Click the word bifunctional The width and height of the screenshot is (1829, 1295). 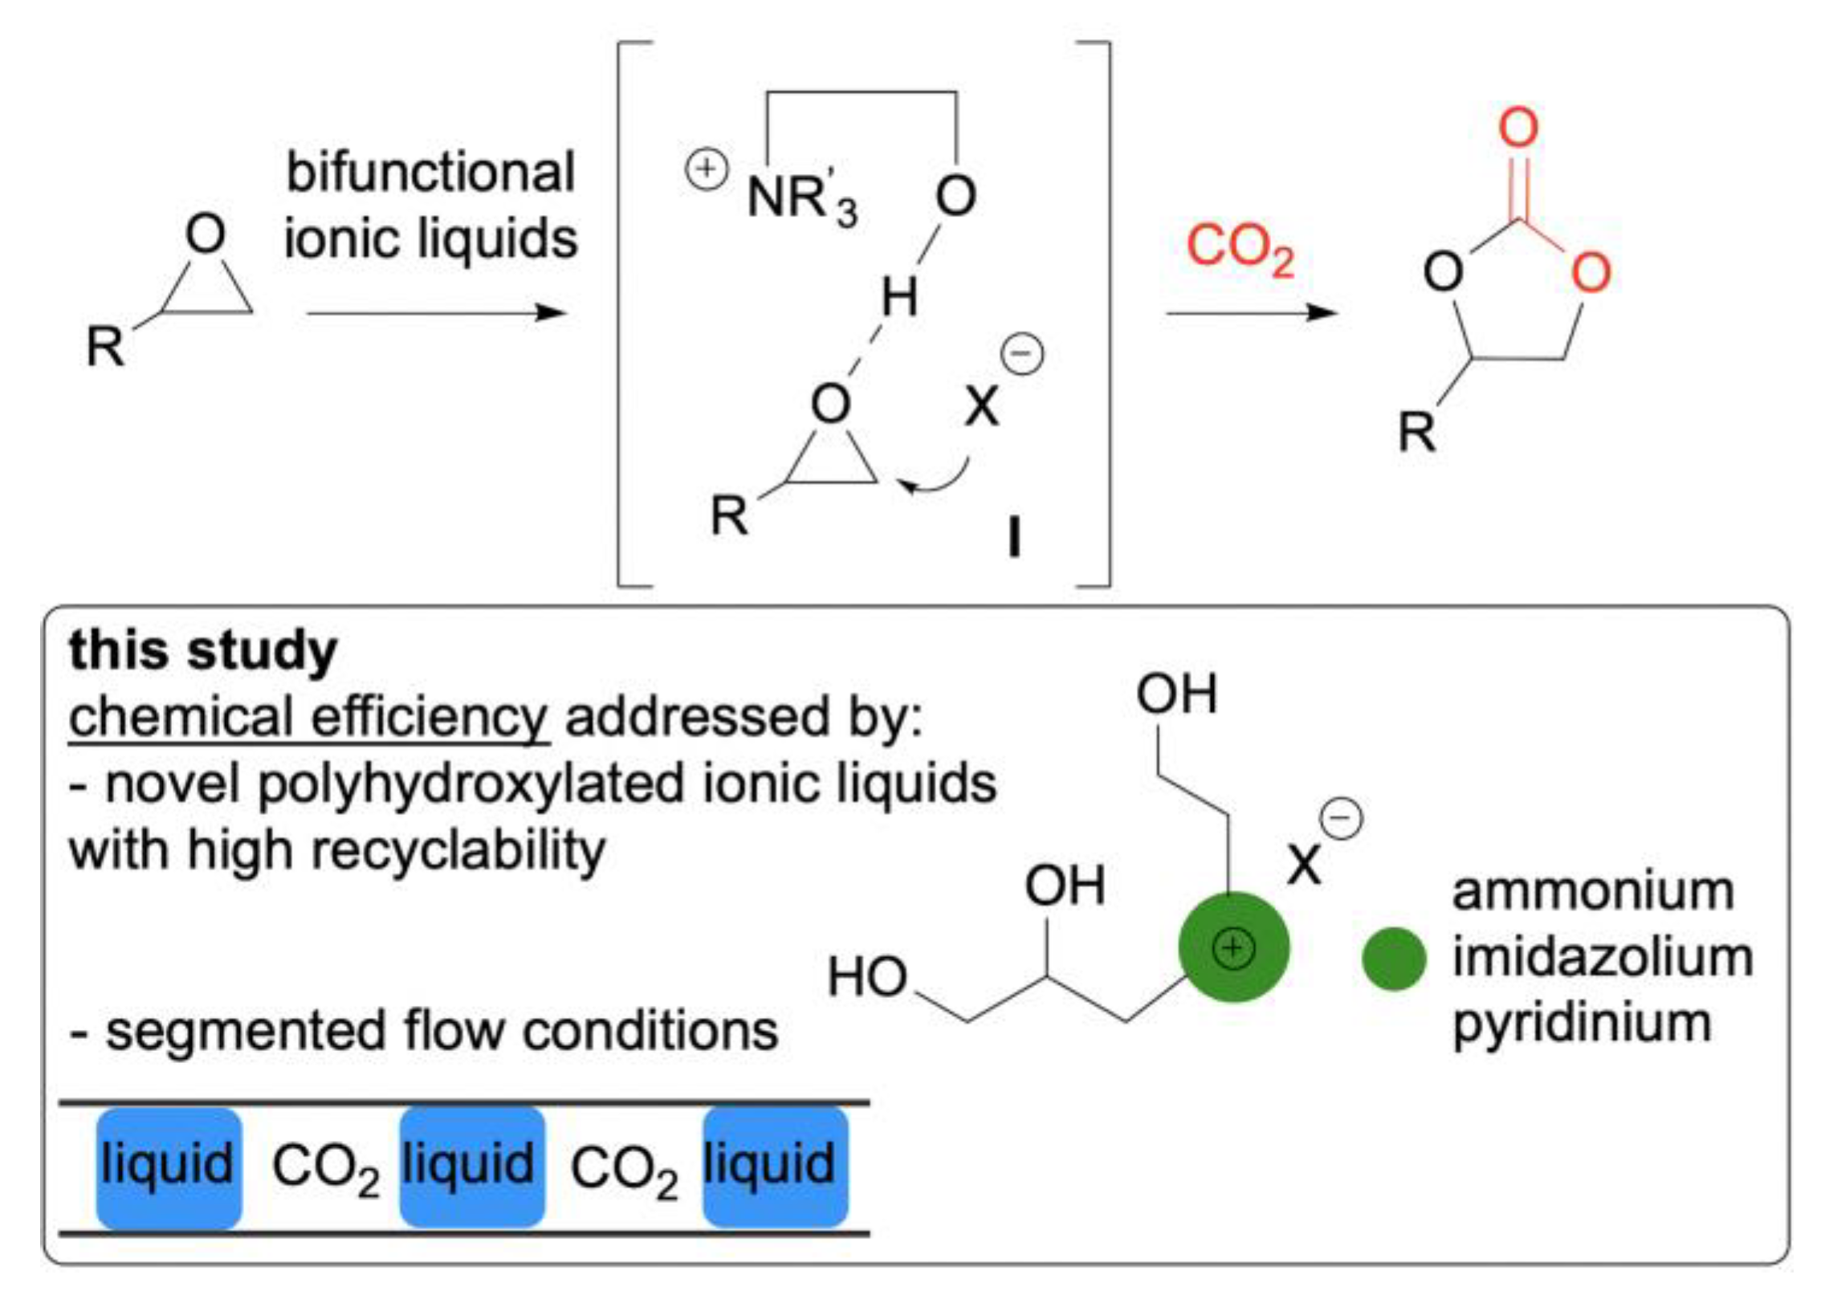pyautogui.click(x=430, y=172)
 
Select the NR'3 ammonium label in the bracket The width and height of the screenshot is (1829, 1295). pyautogui.click(x=800, y=198)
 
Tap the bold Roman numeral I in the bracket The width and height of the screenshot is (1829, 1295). pyautogui.click(x=1014, y=537)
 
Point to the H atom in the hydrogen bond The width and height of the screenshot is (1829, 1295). pyautogui.click(x=898, y=298)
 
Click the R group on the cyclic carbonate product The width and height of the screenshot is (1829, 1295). pyautogui.click(x=1416, y=432)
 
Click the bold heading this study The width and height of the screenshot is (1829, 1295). pyautogui.click(x=203, y=650)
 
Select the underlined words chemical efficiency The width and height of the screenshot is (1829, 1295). pyautogui.click(x=308, y=717)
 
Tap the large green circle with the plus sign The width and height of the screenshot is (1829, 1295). pyautogui.click(x=1232, y=948)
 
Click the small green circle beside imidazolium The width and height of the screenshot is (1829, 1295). pyautogui.click(x=1394, y=959)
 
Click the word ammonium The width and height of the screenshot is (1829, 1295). pyautogui.click(x=1593, y=891)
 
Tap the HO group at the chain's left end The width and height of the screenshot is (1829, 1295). pyautogui.click(x=866, y=977)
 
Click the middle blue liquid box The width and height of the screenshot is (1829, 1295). pyautogui.click(x=471, y=1167)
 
